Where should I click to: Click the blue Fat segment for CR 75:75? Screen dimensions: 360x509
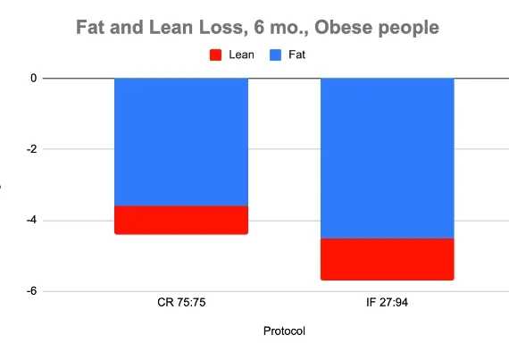[x=181, y=142]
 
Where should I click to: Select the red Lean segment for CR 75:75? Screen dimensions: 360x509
[x=181, y=220]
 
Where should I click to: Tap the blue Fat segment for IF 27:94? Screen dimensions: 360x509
[x=388, y=158]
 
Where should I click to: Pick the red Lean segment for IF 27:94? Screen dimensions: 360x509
[x=388, y=259]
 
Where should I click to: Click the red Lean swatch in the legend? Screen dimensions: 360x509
[x=214, y=54]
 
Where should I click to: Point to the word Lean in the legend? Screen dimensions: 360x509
[x=241, y=54]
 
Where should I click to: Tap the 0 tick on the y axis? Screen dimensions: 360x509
[x=34, y=79]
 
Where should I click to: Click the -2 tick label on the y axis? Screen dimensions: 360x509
[x=31, y=149]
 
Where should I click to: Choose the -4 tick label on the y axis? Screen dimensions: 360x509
[x=31, y=221]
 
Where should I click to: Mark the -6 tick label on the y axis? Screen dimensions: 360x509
[x=31, y=291]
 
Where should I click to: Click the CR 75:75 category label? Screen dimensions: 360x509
[x=181, y=304]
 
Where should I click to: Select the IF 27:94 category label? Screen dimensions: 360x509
[x=388, y=304]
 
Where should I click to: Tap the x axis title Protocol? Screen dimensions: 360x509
[x=284, y=331]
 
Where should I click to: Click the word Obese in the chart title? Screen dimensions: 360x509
[x=350, y=28]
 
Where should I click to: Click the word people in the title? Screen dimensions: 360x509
[x=410, y=28]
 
